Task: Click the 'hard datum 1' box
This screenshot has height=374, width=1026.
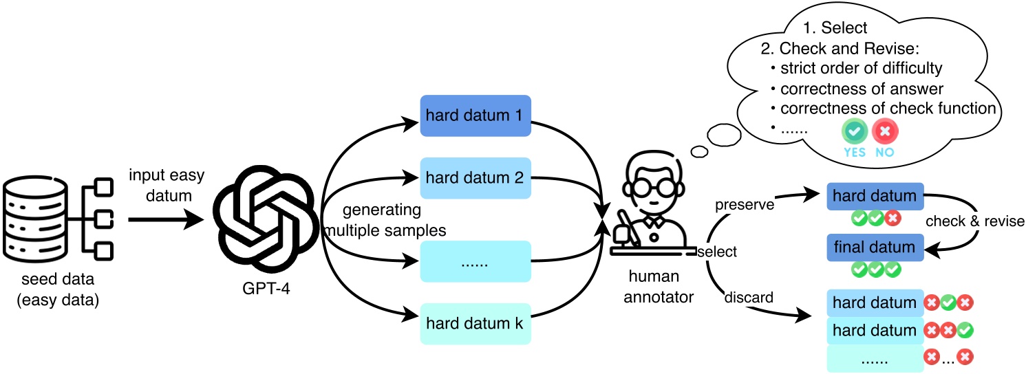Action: [475, 115]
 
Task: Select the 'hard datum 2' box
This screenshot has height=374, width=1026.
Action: [475, 178]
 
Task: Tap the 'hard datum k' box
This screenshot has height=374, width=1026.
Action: [475, 324]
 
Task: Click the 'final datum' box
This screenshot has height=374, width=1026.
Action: [875, 247]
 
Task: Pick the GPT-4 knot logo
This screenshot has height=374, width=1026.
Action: [266, 219]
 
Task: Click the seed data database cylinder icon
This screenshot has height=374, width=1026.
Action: [36, 219]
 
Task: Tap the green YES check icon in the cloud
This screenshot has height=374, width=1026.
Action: [854, 131]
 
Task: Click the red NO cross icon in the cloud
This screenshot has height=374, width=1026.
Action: [885, 131]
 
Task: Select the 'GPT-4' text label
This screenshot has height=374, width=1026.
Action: [266, 288]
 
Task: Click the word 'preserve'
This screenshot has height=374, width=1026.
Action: [745, 205]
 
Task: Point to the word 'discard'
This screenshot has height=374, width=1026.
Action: [749, 298]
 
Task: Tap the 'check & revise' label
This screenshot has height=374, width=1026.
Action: [974, 221]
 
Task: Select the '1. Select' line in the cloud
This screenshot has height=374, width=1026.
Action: [835, 28]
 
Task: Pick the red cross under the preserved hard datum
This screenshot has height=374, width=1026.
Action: [893, 218]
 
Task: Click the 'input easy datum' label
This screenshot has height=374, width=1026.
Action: [167, 186]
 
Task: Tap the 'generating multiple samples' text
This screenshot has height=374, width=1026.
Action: [384, 220]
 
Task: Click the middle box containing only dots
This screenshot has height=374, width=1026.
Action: [475, 261]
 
